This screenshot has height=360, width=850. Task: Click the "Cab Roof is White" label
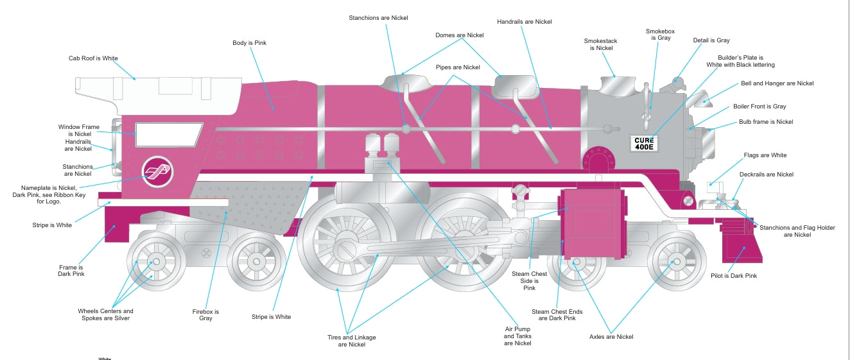93,58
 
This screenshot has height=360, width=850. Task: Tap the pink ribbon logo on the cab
157,171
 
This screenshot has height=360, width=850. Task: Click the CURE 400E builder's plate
643,143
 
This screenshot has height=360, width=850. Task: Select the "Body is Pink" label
249,43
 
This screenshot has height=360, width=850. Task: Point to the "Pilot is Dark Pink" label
733,276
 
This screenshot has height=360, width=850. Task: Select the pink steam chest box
592,221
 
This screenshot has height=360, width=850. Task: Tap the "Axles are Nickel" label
611,337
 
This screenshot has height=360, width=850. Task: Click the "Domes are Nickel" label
459,35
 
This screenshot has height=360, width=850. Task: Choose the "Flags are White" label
765,155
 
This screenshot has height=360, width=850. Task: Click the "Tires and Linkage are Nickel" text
352,341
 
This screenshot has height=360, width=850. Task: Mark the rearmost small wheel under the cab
155,261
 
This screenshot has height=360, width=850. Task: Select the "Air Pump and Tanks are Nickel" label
517,336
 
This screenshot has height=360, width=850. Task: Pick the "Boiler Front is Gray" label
759,107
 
